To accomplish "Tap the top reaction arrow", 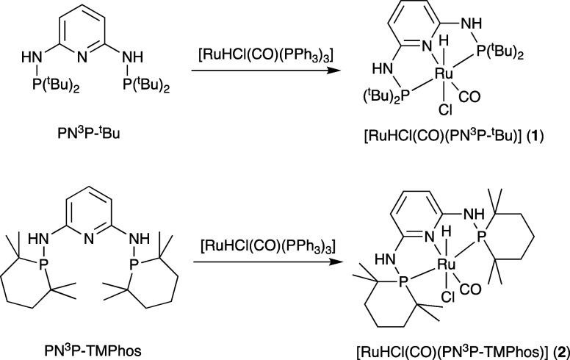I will coord(257,71).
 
